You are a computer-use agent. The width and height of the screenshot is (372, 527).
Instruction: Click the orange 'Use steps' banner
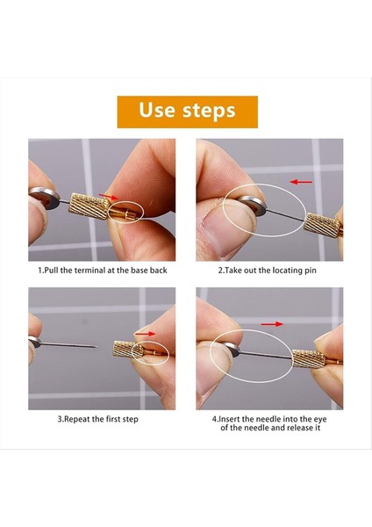188,112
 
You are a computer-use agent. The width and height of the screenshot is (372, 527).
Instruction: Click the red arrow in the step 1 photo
109,196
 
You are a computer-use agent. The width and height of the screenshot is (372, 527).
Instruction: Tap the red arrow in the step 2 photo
301,182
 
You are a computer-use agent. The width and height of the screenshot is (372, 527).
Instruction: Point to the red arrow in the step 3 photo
145,334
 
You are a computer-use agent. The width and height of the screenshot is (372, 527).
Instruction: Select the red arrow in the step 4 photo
272,324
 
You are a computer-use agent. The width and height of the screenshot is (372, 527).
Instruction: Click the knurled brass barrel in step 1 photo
89,206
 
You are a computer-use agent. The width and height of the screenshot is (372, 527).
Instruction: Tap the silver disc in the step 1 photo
45,198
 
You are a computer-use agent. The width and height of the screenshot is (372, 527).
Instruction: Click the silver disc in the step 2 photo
253,205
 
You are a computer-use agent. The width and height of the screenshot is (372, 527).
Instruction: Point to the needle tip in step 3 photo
97,347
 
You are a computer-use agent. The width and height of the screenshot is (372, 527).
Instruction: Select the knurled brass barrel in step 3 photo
128,350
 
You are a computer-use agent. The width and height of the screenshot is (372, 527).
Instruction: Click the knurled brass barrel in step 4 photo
309,358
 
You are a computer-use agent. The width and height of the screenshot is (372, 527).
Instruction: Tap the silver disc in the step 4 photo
231,349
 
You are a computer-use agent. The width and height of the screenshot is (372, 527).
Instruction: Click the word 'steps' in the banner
209,111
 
